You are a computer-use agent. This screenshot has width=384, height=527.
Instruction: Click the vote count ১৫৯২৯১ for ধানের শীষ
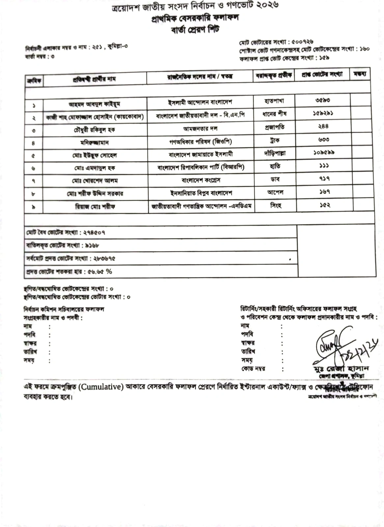[323, 113]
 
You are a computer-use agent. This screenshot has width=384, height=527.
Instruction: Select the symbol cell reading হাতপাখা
[274, 100]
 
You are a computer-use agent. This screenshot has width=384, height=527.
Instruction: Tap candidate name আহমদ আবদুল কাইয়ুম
[95, 104]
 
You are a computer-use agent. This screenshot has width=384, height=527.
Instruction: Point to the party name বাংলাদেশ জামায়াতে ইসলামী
[201, 154]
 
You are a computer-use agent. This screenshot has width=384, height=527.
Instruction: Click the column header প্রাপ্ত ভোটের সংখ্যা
[322, 74]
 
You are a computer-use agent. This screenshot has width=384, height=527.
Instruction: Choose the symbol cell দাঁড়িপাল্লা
[275, 153]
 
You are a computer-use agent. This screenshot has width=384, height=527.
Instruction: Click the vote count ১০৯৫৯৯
[324, 153]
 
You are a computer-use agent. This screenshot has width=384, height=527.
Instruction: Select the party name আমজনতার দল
[200, 128]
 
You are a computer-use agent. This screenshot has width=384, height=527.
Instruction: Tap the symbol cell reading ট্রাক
[274, 140]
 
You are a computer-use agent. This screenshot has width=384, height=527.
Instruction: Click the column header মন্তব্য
[360, 74]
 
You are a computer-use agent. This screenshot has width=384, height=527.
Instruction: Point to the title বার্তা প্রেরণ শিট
[195, 30]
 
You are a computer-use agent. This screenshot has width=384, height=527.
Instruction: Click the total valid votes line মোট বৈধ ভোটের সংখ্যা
[66, 233]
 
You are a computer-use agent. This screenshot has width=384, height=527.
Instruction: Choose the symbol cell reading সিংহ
[276, 206]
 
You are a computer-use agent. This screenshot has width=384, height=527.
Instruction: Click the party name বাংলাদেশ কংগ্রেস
[201, 180]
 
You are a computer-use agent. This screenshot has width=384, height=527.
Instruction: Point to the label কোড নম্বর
[253, 369]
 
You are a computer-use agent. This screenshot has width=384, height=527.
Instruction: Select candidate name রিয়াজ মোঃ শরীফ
[95, 207]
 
